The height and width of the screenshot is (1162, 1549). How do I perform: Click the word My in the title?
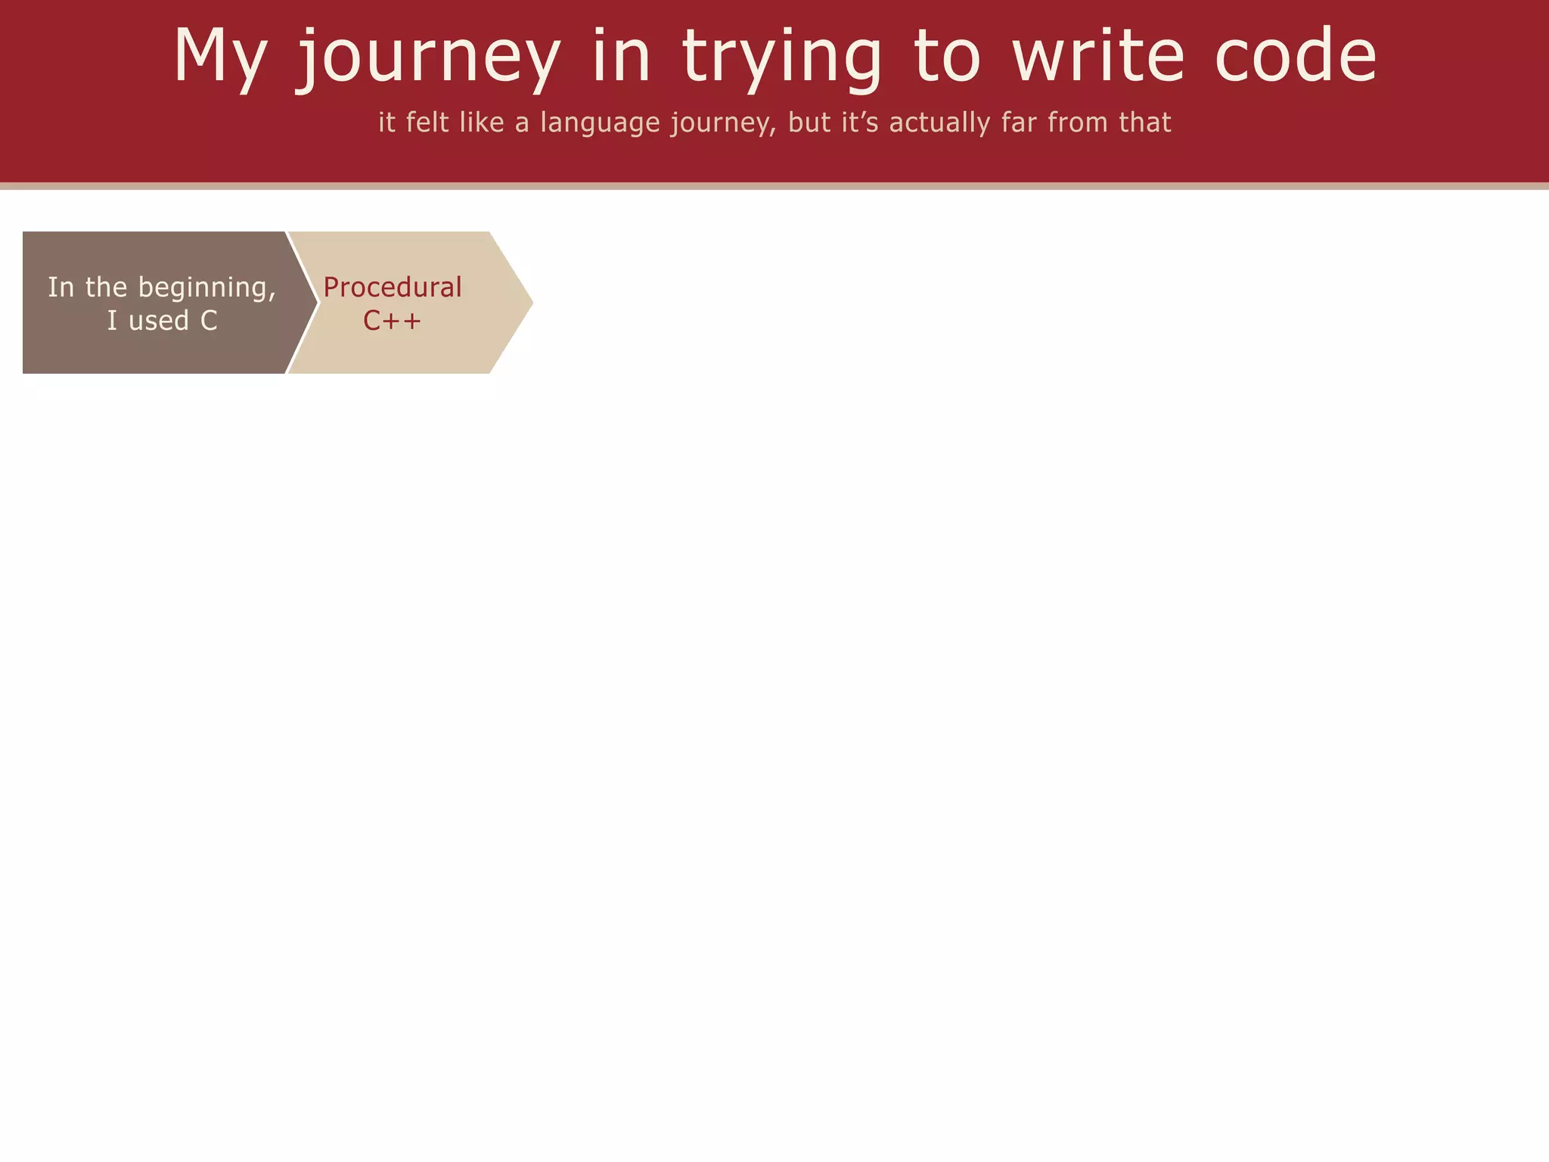click(x=220, y=57)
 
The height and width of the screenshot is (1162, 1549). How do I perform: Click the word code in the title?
click(x=1296, y=56)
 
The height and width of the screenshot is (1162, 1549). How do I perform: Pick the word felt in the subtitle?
click(x=428, y=123)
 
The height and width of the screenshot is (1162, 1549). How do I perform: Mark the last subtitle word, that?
click(x=1145, y=123)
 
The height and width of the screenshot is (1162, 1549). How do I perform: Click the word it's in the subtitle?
click(x=860, y=123)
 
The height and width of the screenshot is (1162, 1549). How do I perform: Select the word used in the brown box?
click(x=159, y=321)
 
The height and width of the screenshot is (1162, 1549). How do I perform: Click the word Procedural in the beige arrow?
click(x=393, y=287)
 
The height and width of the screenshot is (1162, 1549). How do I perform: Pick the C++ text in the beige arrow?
click(x=392, y=321)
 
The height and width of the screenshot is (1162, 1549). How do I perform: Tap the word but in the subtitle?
click(x=810, y=123)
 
